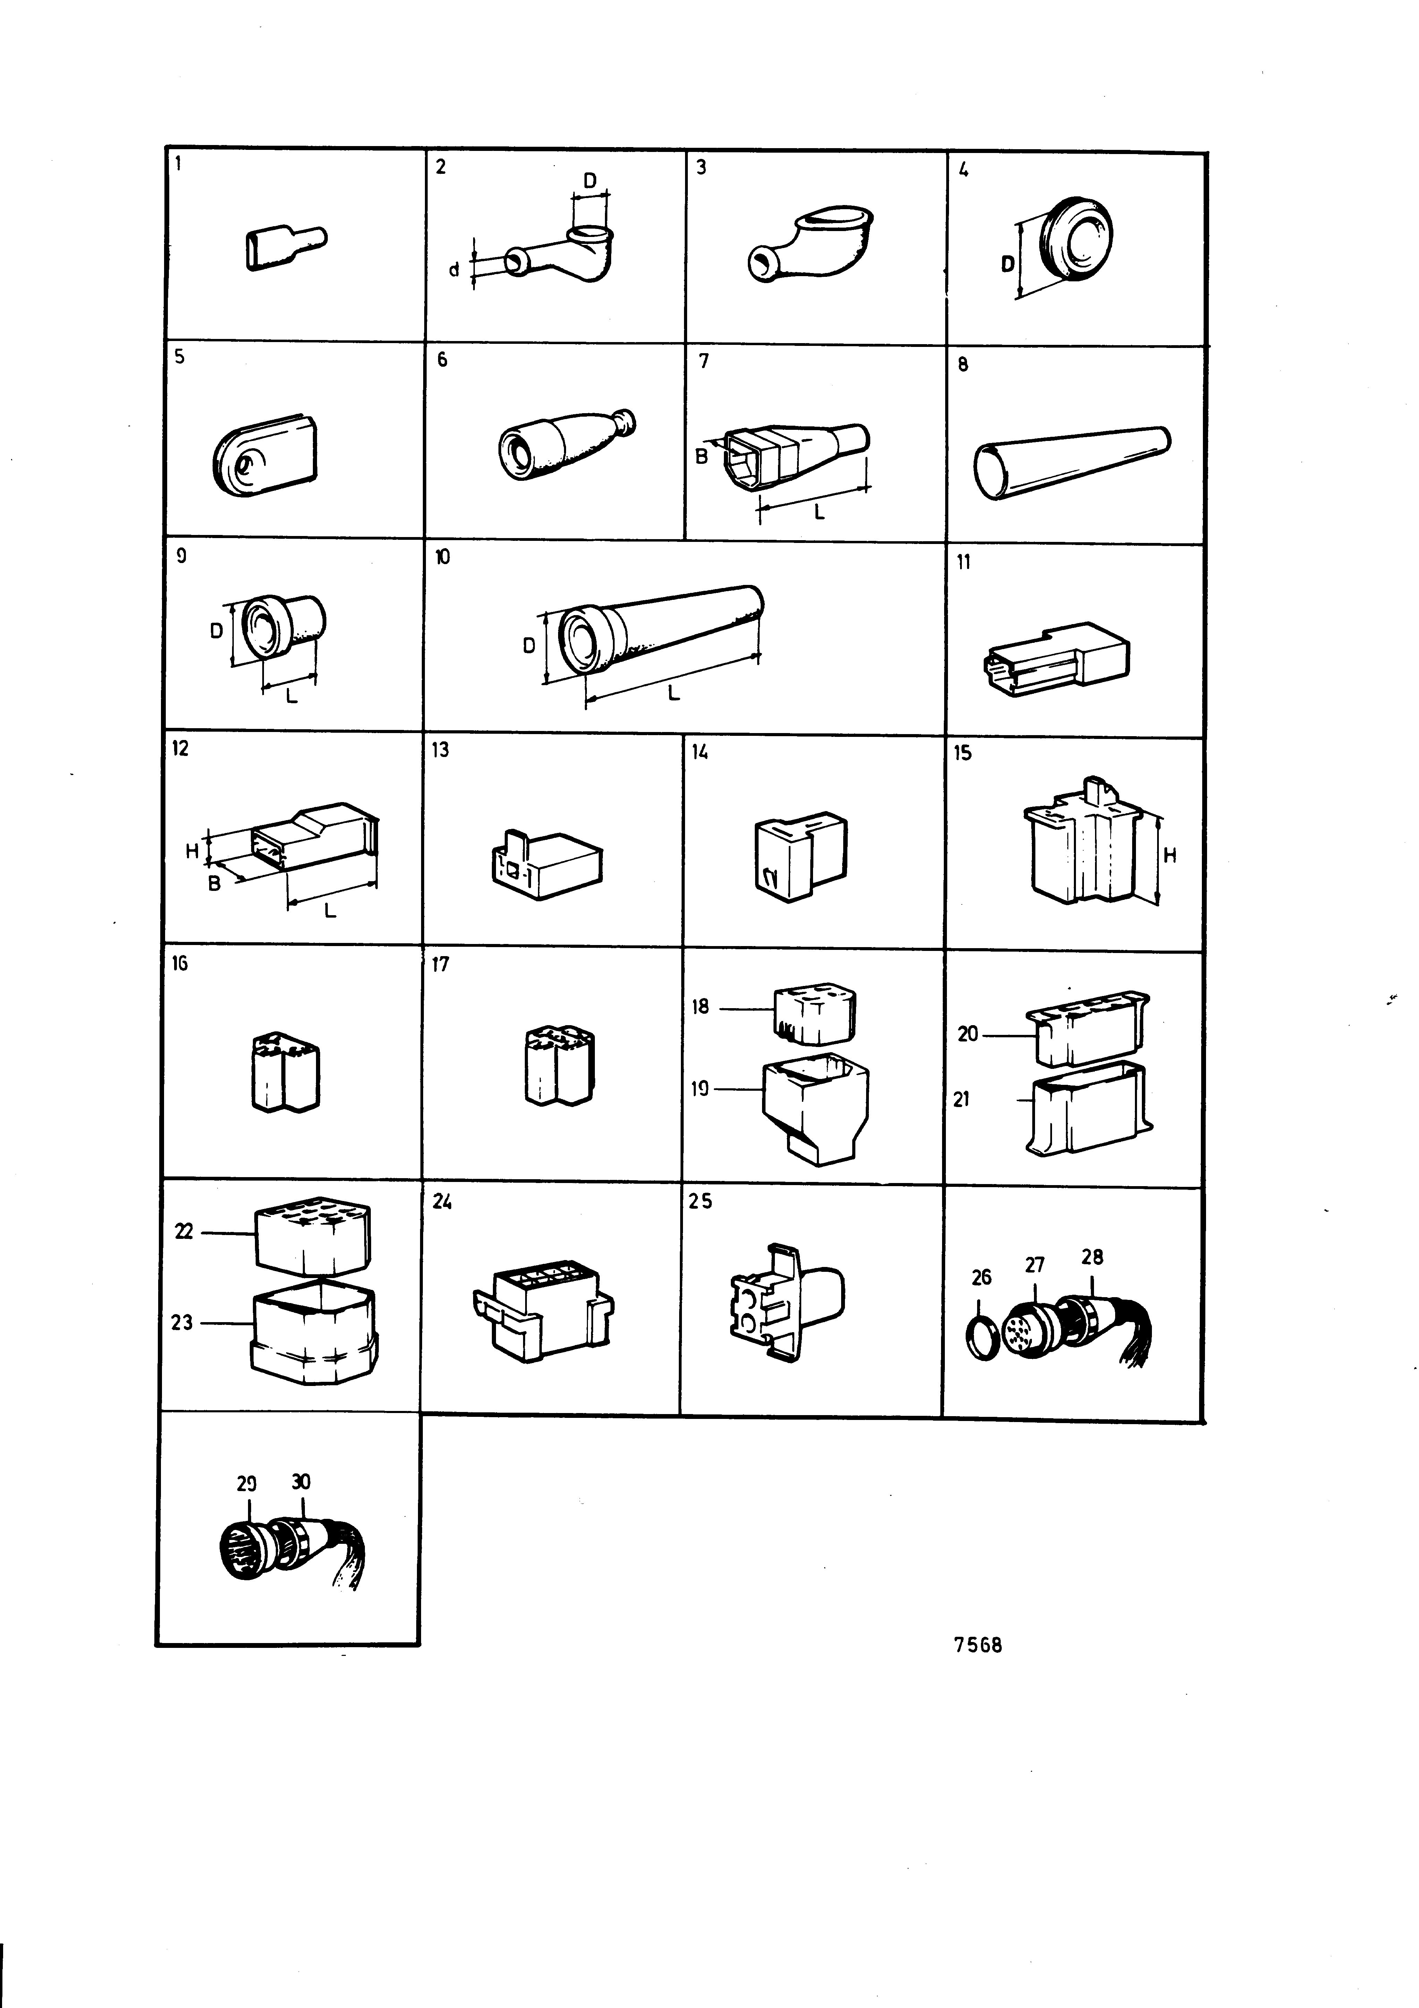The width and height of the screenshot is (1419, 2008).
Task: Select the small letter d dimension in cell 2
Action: coord(454,270)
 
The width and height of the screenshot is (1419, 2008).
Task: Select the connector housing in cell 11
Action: coord(1057,658)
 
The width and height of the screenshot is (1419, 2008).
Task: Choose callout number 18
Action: coord(700,1007)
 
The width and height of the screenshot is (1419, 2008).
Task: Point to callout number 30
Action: coord(301,1481)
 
